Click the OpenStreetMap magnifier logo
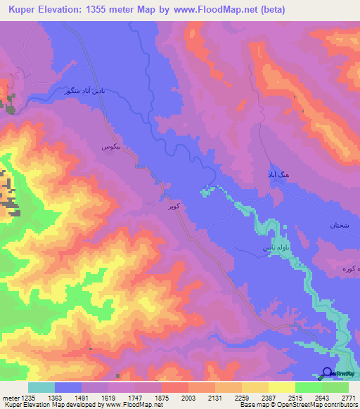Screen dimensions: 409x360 click(x=328, y=374)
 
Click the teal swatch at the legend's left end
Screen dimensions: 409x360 click(x=41, y=387)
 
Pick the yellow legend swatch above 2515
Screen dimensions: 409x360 click(x=281, y=387)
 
